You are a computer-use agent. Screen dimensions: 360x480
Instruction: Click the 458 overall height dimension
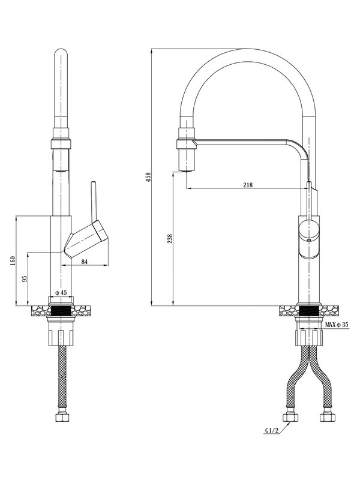pos(149,177)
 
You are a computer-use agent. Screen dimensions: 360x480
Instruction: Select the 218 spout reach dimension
pos(248,185)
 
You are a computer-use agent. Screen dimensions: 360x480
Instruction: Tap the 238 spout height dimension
pos(170,239)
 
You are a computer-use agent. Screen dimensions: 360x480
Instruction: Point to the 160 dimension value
pos(13,261)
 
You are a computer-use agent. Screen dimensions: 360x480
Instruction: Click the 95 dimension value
pos(25,278)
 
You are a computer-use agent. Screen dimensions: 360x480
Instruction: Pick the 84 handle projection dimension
pos(85,262)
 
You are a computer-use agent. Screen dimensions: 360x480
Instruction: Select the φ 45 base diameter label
pos(61,293)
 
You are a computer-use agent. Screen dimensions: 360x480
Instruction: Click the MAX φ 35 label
pos(337,325)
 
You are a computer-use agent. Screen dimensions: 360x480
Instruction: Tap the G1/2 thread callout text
pos(272,431)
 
